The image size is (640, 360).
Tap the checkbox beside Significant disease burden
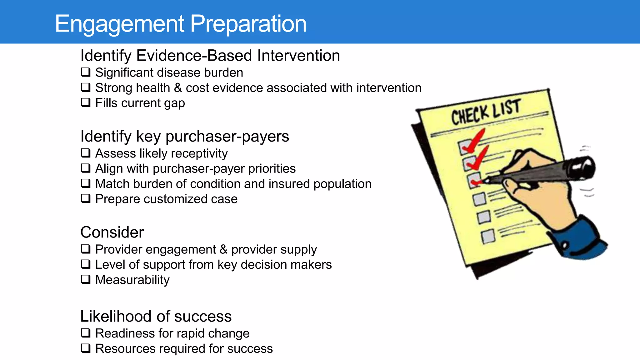(86, 72)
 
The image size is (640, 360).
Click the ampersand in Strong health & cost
(178, 88)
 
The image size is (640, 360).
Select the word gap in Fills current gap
(173, 103)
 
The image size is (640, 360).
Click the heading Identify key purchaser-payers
(184, 136)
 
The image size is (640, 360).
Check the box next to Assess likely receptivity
(86, 153)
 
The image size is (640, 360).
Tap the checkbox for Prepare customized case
(86, 198)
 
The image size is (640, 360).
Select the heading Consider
(112, 232)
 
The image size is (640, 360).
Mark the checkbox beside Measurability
(86, 279)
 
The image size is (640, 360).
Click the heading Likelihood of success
(156, 316)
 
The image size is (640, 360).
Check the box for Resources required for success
(86, 348)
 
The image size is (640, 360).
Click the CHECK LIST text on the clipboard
(486, 112)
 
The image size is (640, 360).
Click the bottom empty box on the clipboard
(488, 237)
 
